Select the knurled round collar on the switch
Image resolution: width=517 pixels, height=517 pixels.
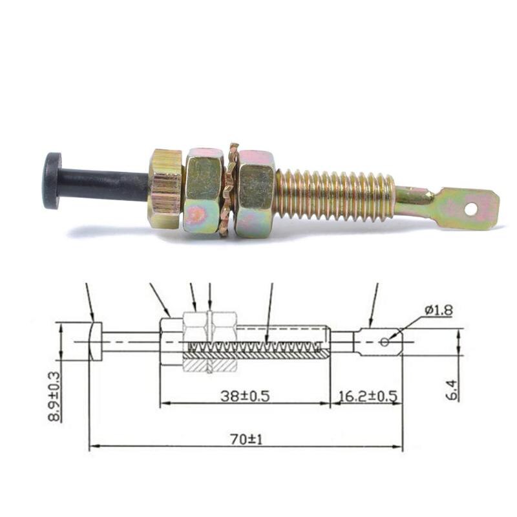167,189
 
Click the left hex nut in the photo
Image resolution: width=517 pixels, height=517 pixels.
204,190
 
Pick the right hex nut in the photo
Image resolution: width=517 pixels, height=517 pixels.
255,193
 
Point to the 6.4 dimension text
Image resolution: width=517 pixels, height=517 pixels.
453,389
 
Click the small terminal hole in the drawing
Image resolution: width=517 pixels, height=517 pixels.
385,341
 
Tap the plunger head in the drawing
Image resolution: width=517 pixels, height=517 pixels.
96,341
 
